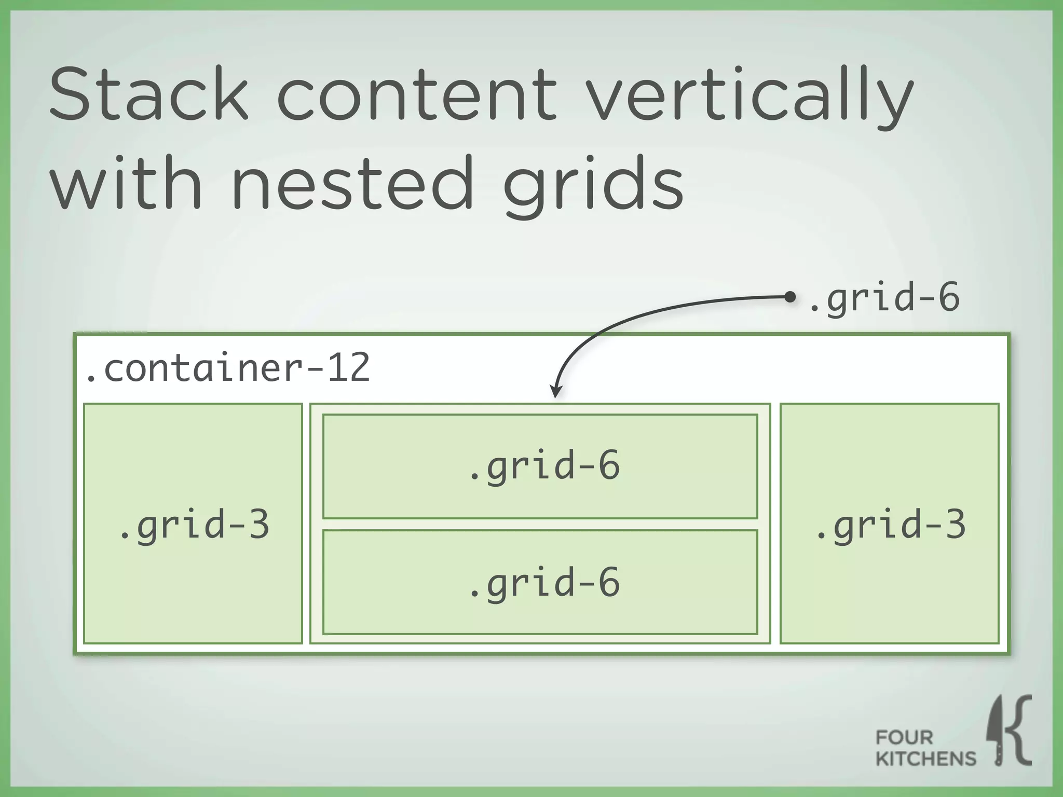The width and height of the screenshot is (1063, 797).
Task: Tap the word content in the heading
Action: point(417,95)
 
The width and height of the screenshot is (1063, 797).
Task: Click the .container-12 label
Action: point(227,367)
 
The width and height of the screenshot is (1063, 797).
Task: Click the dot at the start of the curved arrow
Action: point(790,297)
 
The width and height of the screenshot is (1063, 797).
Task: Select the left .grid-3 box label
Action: point(194,525)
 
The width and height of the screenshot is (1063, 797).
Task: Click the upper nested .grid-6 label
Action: point(543,465)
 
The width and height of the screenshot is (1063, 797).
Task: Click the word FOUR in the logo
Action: point(904,737)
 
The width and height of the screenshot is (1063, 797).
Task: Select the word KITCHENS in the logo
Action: point(925,759)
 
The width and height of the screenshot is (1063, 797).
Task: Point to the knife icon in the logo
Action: point(998,732)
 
